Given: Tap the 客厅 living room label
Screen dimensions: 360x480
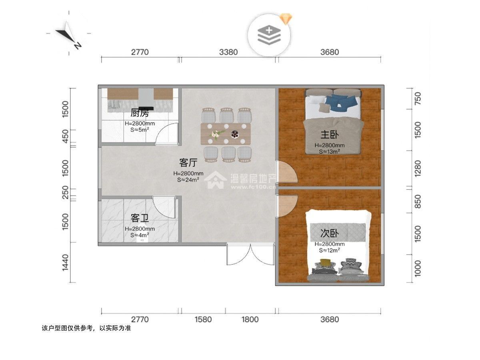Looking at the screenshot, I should [x=188, y=162].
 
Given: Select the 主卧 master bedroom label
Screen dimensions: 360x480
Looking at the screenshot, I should [x=329, y=135].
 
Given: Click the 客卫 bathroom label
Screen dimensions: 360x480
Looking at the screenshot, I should [x=140, y=218].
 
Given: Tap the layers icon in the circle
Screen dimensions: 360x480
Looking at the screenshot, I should [x=269, y=35].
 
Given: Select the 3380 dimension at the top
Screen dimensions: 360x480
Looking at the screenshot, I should [x=228, y=52].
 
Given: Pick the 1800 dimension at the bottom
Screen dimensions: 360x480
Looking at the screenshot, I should [x=250, y=319].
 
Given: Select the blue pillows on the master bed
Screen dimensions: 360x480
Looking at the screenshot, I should [x=341, y=102].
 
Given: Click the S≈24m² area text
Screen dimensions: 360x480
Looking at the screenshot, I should [x=188, y=180].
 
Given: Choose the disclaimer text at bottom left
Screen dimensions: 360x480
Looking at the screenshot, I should [x=86, y=328].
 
